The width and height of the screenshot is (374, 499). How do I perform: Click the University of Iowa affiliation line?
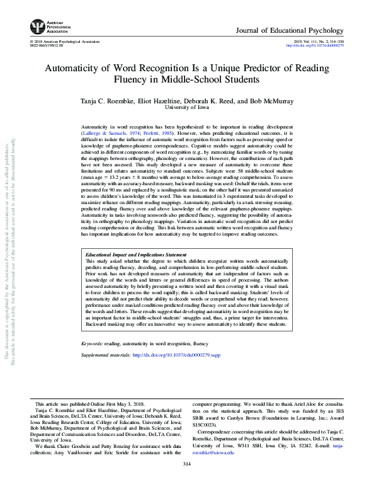[x=186, y=108]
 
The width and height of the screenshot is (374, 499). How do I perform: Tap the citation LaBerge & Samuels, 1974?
[x=110, y=134]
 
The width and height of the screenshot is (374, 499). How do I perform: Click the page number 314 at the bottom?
[x=186, y=464]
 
